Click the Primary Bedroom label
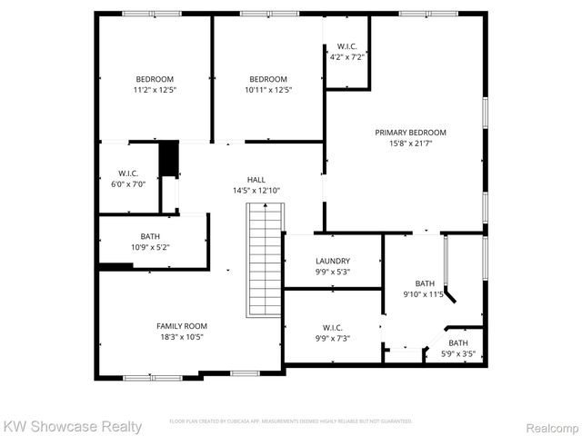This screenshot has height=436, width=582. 410,132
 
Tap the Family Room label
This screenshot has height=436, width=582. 181,326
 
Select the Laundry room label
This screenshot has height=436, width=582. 333,261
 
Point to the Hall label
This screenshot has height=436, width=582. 256,179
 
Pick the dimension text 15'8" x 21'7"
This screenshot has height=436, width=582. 410,143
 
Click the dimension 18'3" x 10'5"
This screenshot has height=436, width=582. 181,337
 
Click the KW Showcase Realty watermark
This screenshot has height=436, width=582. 73,426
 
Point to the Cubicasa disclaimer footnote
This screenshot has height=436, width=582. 291,421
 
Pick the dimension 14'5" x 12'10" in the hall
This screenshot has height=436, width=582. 256,190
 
